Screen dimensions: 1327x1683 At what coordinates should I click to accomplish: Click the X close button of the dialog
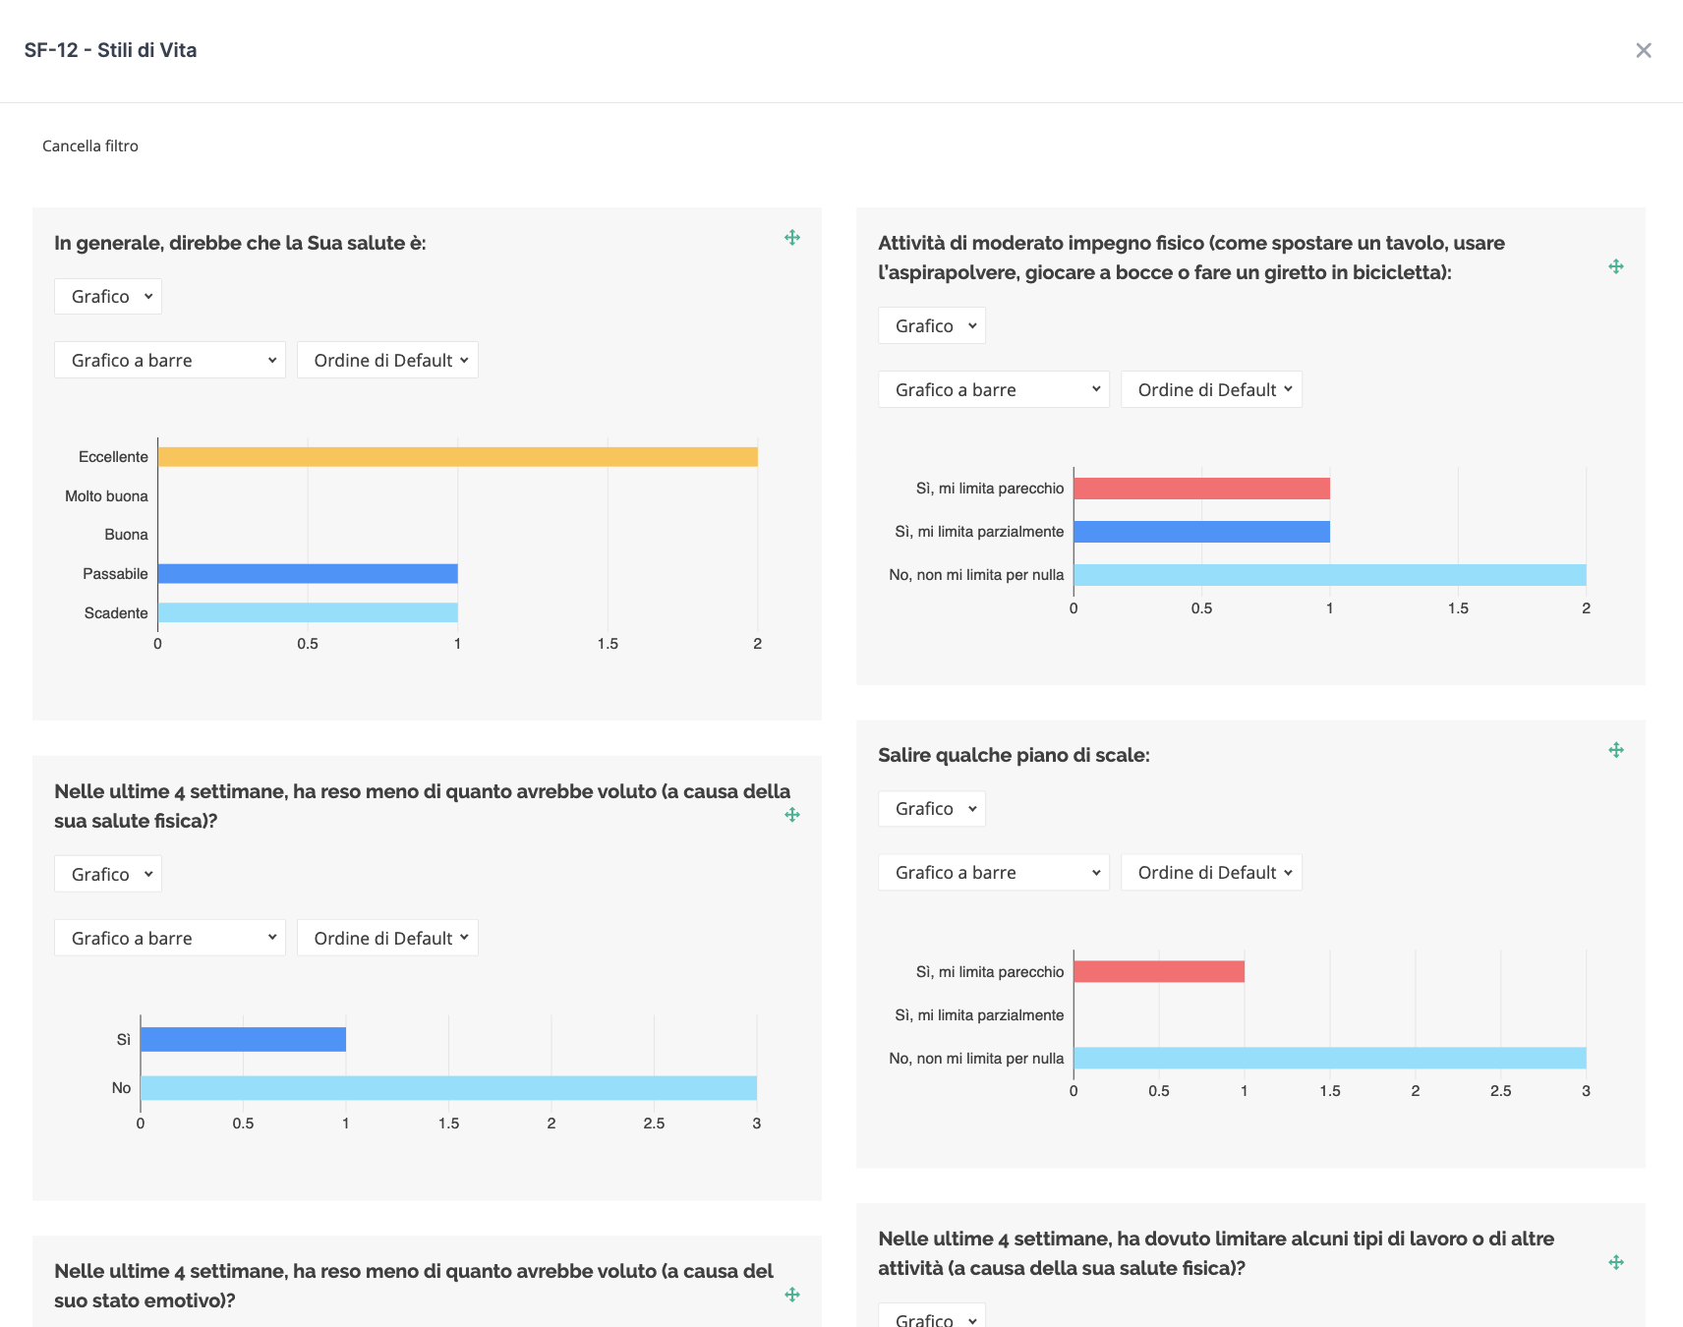point(1643,50)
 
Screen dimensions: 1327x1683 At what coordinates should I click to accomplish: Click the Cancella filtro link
point(90,145)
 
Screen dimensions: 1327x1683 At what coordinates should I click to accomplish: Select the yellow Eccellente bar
point(457,457)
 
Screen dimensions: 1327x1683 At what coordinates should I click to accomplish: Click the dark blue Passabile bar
point(308,574)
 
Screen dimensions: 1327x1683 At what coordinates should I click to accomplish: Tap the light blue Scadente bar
point(308,613)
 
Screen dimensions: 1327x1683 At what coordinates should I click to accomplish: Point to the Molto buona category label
point(106,496)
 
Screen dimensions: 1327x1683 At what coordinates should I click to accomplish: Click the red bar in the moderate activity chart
point(1201,489)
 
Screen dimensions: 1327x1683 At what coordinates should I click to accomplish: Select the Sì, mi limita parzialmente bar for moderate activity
point(1201,532)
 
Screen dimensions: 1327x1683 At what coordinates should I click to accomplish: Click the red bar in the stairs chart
point(1159,972)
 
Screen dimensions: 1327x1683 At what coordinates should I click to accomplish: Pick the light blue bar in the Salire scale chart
point(1329,1059)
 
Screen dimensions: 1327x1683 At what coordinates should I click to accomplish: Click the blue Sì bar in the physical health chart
point(243,1040)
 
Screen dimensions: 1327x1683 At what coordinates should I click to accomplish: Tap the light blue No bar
point(448,1088)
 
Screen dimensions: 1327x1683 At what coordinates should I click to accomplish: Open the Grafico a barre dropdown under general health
point(170,361)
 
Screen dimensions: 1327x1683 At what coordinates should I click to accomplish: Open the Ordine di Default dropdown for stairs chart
point(1211,873)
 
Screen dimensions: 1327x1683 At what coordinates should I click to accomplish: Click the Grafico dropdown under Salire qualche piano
point(932,809)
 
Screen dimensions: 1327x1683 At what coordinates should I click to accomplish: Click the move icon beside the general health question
point(792,238)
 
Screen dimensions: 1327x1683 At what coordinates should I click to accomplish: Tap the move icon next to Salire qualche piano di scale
point(1616,751)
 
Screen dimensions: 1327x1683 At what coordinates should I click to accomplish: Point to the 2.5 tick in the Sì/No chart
point(654,1124)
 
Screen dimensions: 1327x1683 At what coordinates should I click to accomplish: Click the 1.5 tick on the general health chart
point(608,644)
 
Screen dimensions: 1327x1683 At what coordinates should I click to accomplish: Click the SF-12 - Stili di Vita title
point(110,50)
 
